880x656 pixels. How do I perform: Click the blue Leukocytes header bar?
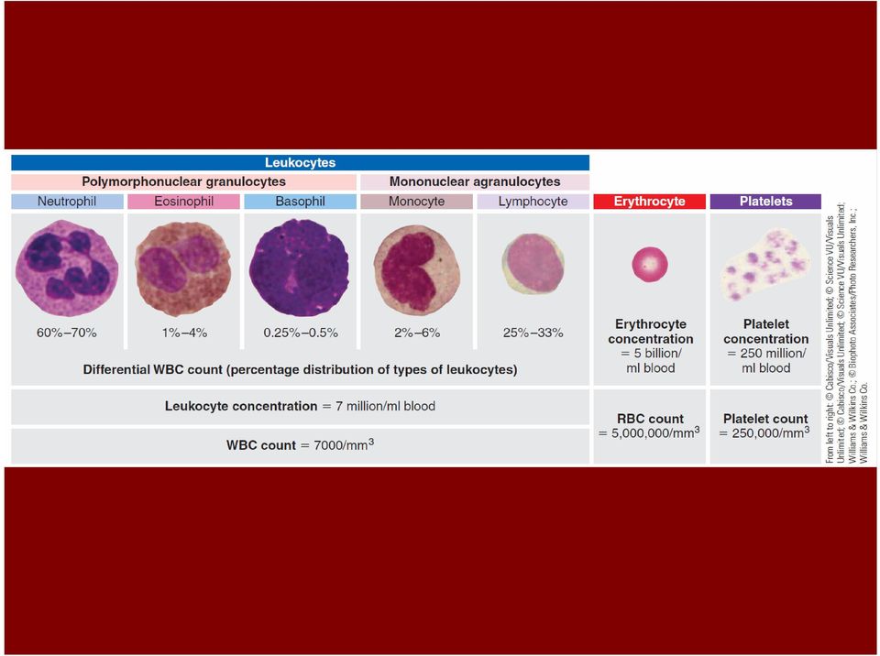tap(301, 163)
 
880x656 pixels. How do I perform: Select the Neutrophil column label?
tap(67, 202)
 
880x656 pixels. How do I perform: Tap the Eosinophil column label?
tap(183, 202)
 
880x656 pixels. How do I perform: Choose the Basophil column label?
tap(301, 202)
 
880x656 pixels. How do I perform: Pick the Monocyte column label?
tap(416, 202)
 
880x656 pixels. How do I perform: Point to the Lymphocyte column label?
tap(533, 202)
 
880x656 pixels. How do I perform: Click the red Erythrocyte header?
tap(649, 202)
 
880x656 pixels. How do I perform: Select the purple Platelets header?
tap(765, 202)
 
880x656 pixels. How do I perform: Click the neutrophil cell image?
tap(67, 268)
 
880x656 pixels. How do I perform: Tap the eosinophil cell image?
tap(183, 268)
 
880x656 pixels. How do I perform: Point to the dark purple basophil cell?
tap(299, 268)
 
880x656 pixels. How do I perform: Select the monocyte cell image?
tap(416, 268)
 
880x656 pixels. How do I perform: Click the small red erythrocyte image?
tap(650, 264)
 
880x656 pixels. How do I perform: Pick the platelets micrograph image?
tap(765, 265)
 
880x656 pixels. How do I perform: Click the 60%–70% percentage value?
tap(67, 333)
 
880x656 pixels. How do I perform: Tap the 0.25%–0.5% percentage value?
tap(301, 333)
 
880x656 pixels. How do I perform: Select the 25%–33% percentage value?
tap(533, 333)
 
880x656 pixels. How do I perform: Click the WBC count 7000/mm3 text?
tap(301, 444)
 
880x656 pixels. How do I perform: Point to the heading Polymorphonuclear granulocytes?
tap(183, 181)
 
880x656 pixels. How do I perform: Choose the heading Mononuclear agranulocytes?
tap(475, 181)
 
